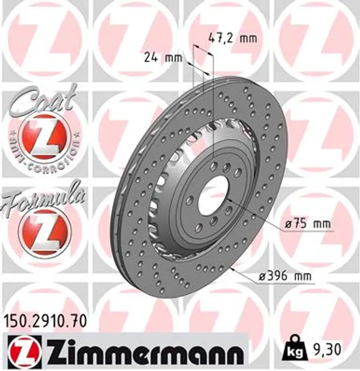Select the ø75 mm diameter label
(x=306, y=224)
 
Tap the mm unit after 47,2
(x=249, y=38)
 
